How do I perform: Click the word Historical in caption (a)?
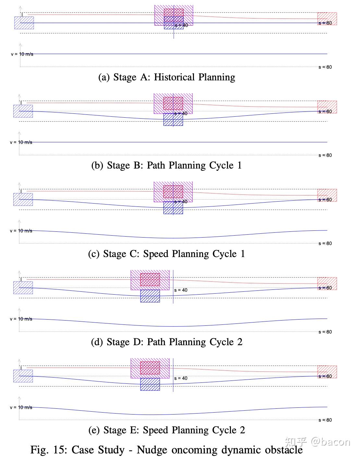[x=174, y=77]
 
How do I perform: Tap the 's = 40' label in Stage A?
[x=181, y=25]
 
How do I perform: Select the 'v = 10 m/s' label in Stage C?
[x=21, y=231]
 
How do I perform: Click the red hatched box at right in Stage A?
[x=327, y=18]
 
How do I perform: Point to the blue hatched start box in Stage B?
[x=23, y=111]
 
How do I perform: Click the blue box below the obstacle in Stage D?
[x=150, y=296]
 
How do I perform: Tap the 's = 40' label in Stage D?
[x=181, y=290]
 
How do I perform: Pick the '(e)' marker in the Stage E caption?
[x=94, y=430]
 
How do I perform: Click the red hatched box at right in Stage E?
[x=327, y=372]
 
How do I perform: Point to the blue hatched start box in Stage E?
[x=23, y=376]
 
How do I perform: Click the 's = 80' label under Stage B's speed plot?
[x=325, y=155]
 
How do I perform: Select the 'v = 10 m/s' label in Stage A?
[x=22, y=54]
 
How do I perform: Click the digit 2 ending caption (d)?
[x=240, y=342]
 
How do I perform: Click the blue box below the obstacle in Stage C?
[x=173, y=208]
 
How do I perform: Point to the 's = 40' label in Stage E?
[x=181, y=378]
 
